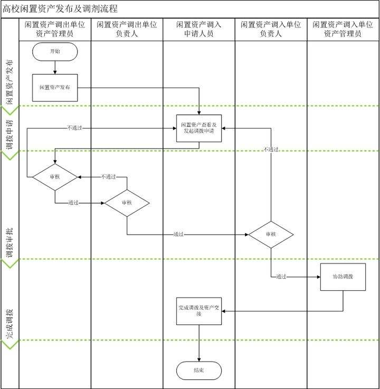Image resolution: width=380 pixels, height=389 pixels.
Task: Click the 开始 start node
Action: (x=54, y=51)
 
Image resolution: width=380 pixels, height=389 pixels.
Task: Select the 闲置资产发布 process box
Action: (x=55, y=87)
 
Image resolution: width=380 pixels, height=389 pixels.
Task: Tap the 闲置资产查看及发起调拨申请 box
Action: (x=199, y=128)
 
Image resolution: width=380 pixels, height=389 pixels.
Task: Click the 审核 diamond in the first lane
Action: (x=55, y=177)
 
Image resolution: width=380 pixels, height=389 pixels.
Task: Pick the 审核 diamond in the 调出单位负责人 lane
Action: (x=127, y=202)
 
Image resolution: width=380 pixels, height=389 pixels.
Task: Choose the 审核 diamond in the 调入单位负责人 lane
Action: (x=271, y=234)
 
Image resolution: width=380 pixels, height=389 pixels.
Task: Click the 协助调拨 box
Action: (x=343, y=276)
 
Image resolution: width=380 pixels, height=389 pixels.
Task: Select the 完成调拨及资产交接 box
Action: (x=199, y=311)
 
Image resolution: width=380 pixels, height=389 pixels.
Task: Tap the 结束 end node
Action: (x=199, y=371)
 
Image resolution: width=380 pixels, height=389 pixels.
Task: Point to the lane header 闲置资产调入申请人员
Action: (x=199, y=29)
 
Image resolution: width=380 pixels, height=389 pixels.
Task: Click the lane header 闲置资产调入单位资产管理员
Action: (x=343, y=29)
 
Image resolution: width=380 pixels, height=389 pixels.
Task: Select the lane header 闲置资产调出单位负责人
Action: (x=127, y=29)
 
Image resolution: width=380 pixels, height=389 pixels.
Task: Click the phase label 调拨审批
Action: (x=9, y=242)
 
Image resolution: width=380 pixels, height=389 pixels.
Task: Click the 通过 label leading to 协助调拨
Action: (x=281, y=276)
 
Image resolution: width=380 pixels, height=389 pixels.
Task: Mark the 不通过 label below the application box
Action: (x=271, y=150)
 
